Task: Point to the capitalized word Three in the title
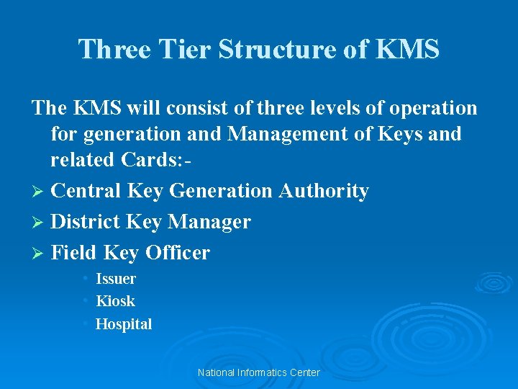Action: (113, 50)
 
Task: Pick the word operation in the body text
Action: (432, 108)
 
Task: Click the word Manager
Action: (209, 222)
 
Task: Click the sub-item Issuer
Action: (116, 279)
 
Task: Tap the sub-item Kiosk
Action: (115, 301)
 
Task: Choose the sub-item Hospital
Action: (124, 324)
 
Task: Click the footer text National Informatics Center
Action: (258, 372)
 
